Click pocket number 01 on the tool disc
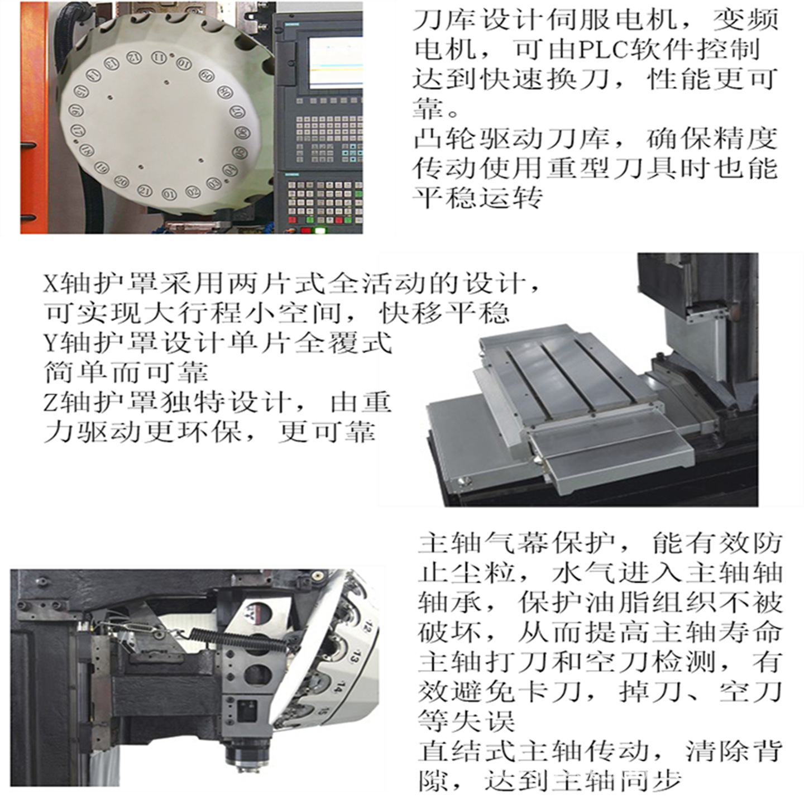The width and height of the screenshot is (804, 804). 169,194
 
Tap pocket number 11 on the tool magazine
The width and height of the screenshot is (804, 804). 159,58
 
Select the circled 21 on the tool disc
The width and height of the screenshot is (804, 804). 145,190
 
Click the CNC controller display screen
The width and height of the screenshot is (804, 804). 335,61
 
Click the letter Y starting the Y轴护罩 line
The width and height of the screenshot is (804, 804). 51,342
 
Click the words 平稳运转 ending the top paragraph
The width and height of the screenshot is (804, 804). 478,197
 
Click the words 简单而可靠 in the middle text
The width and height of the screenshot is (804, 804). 126,372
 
